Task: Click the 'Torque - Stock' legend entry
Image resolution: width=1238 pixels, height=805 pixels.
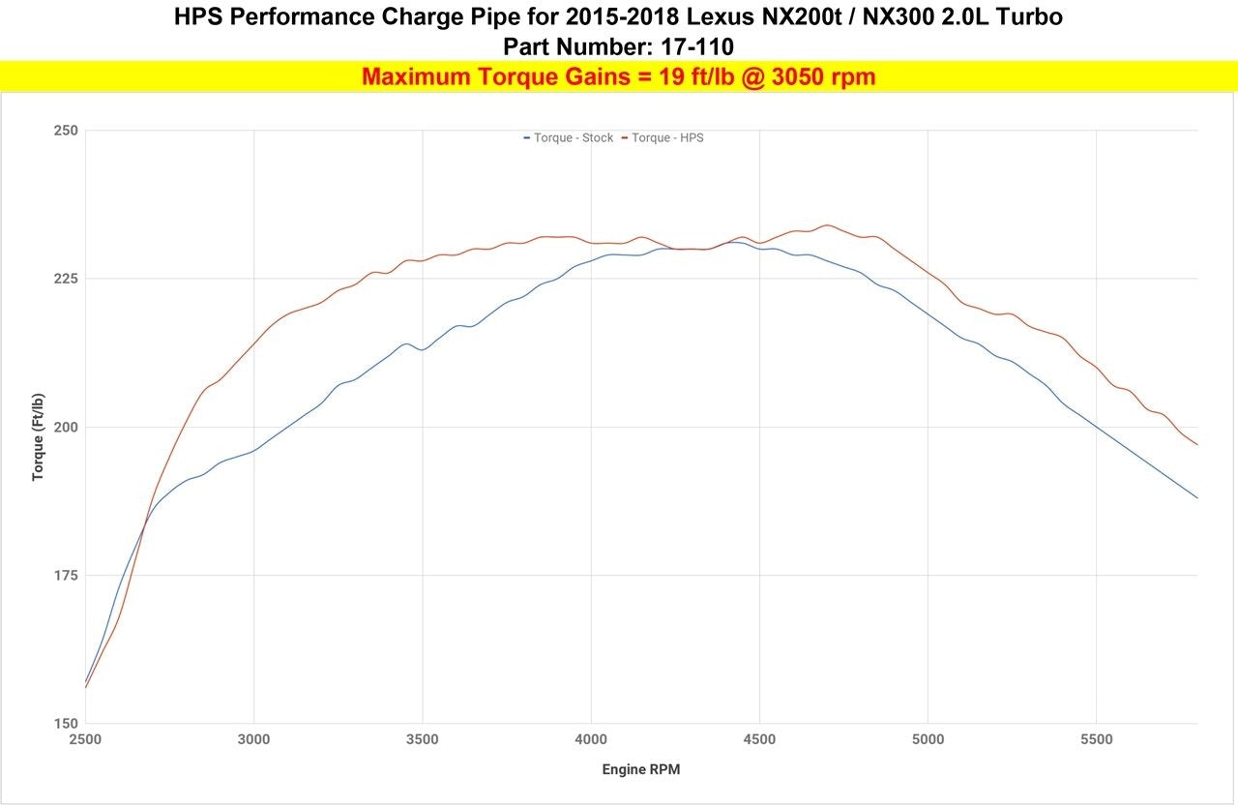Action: [569, 137]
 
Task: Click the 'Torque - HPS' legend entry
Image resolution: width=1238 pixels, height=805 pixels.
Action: [663, 137]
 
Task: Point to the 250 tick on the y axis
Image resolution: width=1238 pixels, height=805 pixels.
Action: [66, 131]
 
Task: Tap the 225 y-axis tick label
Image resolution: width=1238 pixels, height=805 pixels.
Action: [66, 279]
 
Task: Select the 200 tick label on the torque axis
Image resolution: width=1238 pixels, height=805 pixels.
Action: [66, 428]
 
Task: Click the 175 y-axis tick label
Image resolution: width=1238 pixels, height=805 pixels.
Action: [66, 576]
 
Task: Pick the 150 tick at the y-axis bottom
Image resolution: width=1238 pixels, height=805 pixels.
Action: [66, 723]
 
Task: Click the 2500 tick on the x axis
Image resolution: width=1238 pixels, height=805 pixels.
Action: [85, 740]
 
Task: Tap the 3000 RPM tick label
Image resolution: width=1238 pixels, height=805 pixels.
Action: [253, 740]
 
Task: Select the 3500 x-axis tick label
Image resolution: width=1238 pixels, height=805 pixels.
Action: [423, 740]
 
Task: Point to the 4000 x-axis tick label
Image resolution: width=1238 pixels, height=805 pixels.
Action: [591, 740]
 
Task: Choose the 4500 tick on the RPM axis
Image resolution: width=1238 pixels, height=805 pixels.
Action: [759, 740]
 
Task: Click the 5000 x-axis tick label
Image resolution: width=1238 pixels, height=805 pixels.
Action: [928, 740]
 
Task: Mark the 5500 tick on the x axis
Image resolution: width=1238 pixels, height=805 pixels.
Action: [1097, 740]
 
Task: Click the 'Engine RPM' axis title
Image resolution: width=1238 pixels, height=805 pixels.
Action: [641, 769]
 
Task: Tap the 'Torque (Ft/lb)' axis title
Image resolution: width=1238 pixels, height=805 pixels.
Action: [38, 437]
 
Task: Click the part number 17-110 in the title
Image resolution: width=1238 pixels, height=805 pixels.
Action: [697, 47]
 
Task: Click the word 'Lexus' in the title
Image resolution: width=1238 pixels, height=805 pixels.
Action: [720, 17]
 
